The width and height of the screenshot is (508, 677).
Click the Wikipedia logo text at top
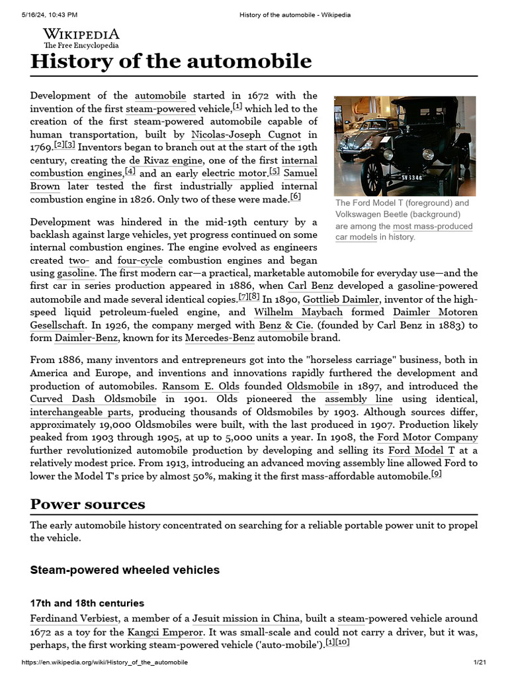coord(81,34)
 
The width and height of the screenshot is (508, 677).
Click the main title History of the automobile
coord(171,61)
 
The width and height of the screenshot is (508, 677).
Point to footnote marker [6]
coord(295,198)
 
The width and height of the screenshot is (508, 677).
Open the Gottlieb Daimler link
coord(341,299)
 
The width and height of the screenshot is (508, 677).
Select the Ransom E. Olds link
coord(200,386)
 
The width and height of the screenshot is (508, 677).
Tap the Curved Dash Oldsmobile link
coord(93,399)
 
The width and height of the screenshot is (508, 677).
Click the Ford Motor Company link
coord(427,438)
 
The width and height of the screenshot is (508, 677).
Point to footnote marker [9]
coord(436,474)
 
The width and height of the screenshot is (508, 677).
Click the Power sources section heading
coord(88,504)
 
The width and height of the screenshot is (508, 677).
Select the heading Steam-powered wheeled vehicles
coord(125,570)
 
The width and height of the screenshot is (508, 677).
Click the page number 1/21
coord(480,662)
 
